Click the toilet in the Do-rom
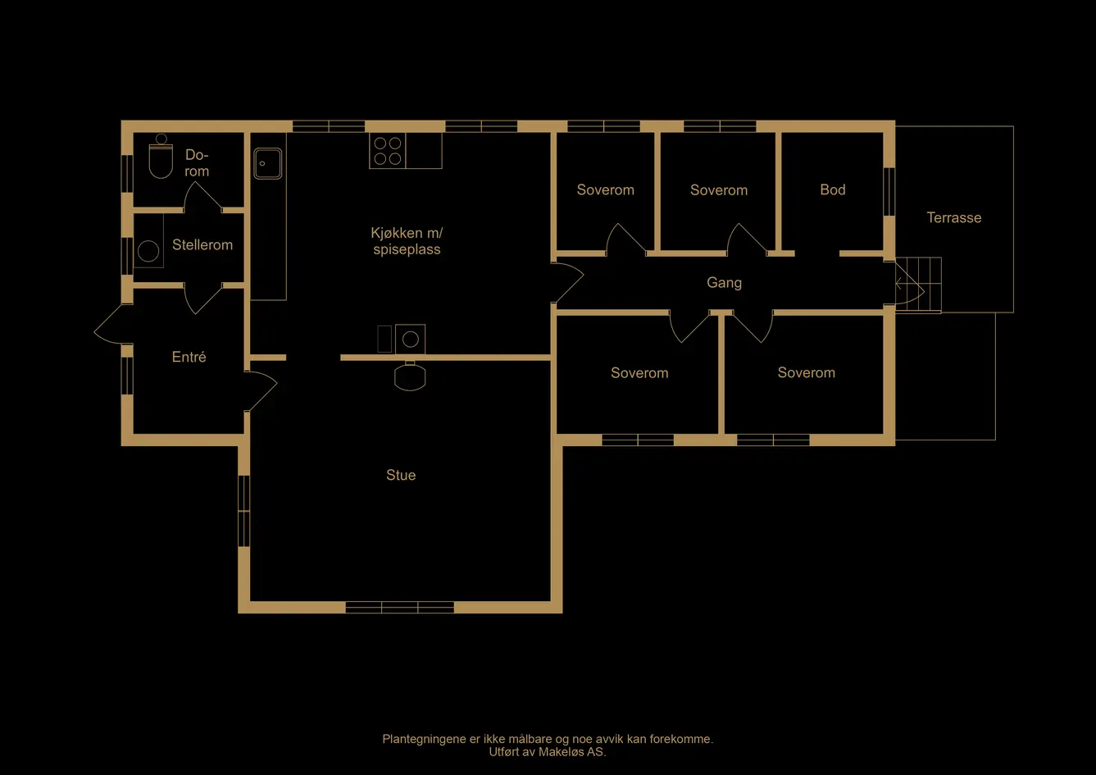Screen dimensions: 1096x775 coord(161,156)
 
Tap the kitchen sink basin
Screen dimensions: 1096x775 coord(267,163)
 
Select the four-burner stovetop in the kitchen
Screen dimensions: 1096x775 coord(388,151)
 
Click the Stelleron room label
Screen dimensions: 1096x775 coord(202,244)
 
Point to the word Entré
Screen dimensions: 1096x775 coord(189,357)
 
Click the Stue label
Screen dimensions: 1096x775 coord(401,475)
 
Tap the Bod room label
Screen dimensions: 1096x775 coord(833,189)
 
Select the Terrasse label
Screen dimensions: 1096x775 coord(953,217)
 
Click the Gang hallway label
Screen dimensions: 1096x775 coord(724,282)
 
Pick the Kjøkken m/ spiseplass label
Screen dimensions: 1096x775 coord(407,241)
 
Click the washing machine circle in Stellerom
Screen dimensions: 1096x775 coord(148,252)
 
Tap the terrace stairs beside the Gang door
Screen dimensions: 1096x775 coord(918,285)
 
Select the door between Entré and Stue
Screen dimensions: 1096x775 coord(261,390)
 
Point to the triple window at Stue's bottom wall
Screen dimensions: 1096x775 coord(400,608)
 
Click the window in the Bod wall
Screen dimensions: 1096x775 coord(889,191)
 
